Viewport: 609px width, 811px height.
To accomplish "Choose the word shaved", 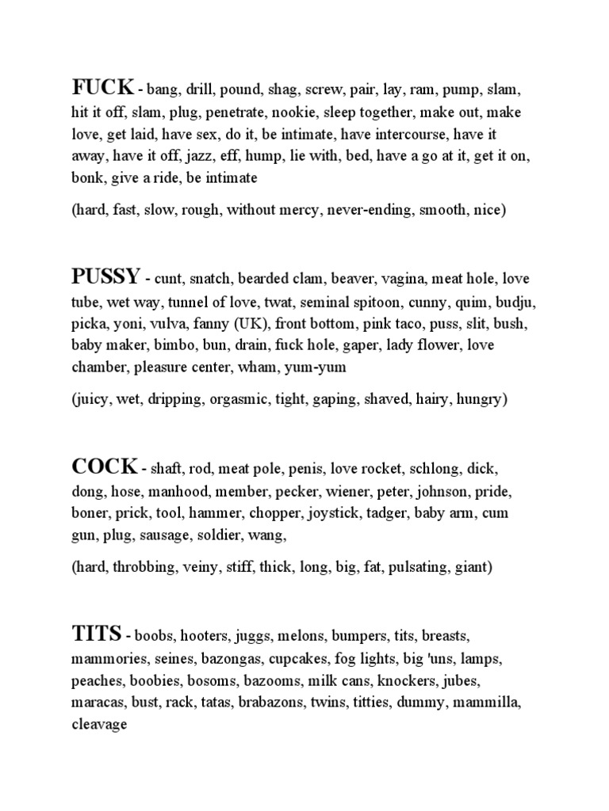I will (385, 399).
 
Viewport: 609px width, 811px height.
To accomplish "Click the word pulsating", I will (420, 567).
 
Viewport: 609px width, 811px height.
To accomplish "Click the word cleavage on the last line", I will (99, 725).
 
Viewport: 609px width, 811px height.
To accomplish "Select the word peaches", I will (96, 680).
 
